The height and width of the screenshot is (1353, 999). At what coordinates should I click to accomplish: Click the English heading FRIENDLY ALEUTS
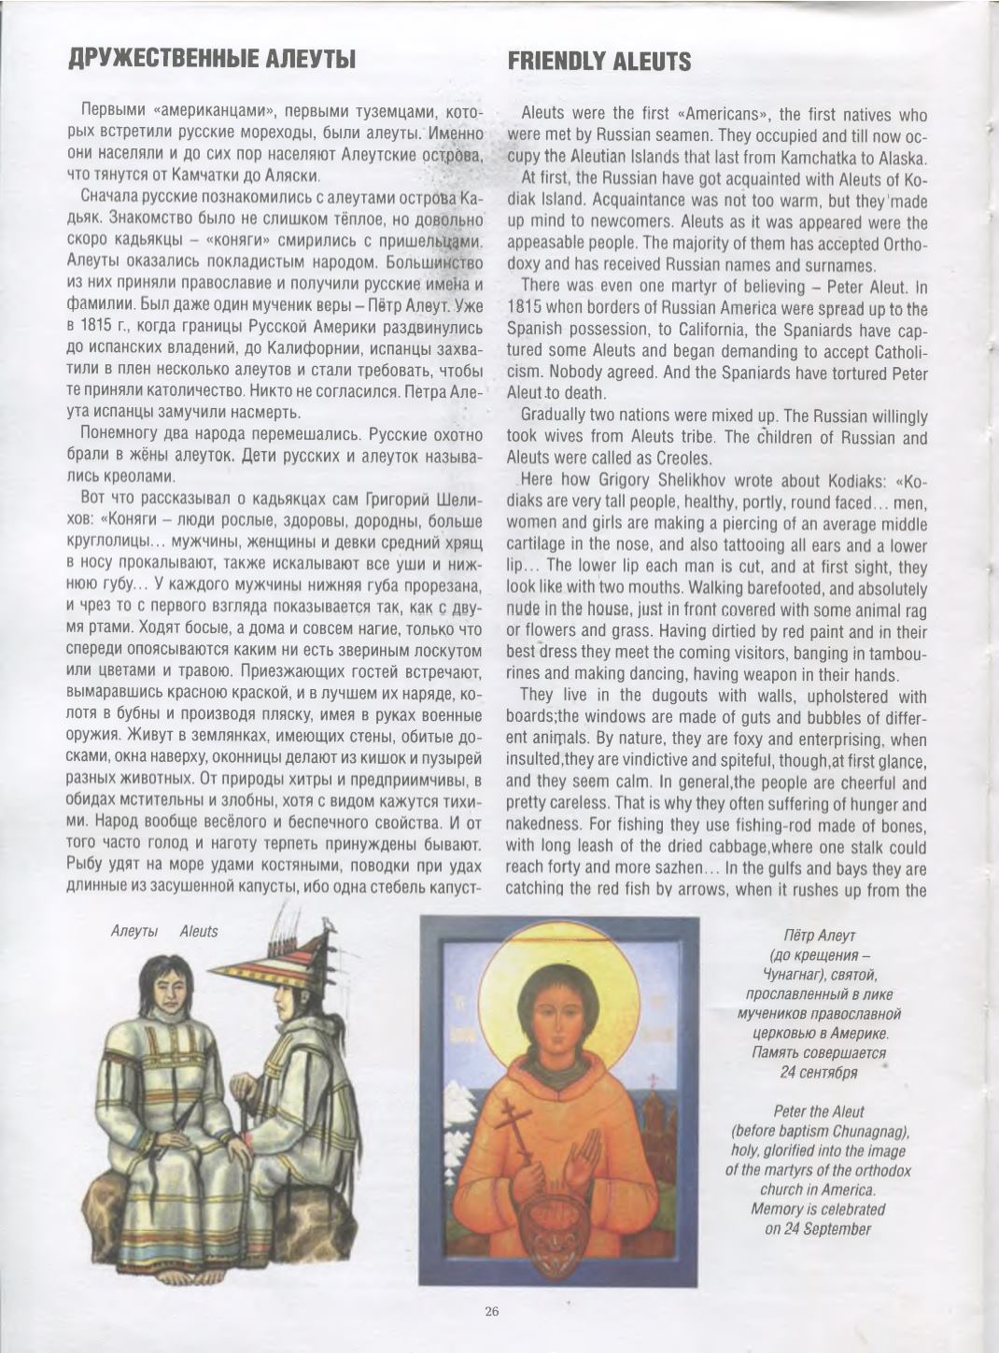point(598,63)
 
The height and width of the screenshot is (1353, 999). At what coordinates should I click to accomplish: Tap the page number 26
point(492,1311)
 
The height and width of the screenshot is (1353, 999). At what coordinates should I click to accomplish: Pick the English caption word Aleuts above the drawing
point(198,931)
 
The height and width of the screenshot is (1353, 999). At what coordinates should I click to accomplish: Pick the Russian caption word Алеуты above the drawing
point(133,931)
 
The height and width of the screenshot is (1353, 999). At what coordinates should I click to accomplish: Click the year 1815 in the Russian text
point(94,326)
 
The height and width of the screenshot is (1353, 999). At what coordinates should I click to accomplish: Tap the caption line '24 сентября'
point(818,1072)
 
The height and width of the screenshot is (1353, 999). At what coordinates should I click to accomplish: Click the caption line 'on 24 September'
point(818,1229)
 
